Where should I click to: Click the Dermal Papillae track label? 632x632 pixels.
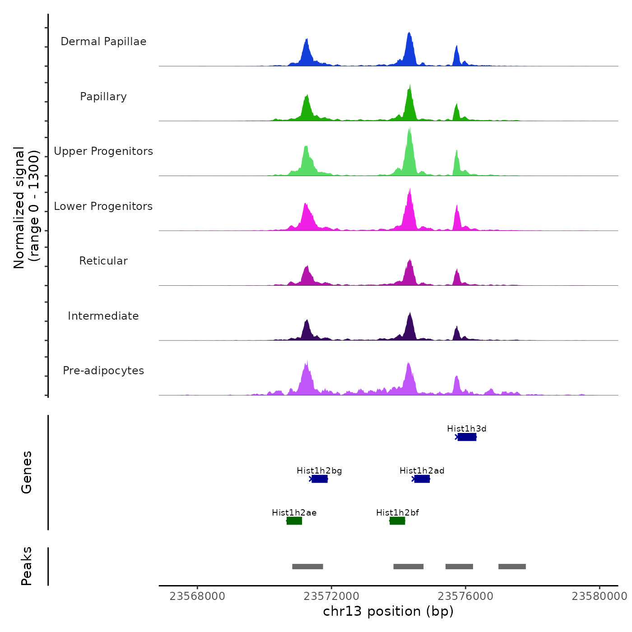103,42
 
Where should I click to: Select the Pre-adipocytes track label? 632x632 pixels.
103,371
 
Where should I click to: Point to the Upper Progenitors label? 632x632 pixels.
103,151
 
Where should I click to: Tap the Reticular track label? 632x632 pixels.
103,261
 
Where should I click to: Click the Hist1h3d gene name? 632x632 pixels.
466,429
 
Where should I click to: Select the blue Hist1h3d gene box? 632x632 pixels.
467,437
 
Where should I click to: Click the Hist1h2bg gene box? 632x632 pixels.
320,479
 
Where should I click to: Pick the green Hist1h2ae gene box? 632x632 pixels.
294,521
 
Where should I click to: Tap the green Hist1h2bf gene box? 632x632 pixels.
397,521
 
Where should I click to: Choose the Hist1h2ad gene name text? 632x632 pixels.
422,471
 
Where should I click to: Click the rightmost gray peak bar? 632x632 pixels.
512,567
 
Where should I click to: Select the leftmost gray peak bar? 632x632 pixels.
307,567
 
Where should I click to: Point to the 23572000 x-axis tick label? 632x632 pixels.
331,596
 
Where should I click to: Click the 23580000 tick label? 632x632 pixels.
599,596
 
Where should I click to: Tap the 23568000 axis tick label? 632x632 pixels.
197,596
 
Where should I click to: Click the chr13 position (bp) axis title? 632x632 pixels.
388,611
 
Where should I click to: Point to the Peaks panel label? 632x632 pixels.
27,566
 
